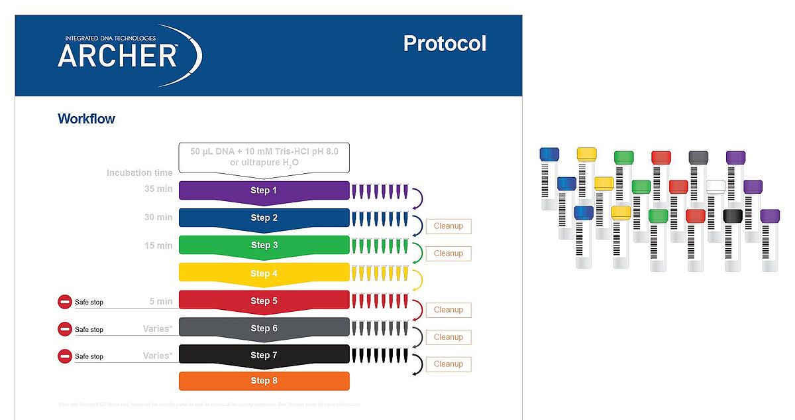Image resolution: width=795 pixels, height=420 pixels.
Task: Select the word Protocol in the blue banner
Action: [445, 44]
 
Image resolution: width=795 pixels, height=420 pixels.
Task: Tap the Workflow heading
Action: [86, 119]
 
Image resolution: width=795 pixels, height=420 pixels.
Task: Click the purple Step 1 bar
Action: [264, 190]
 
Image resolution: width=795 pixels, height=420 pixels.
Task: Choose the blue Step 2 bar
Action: [264, 218]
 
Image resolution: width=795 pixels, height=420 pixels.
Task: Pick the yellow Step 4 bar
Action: [264, 273]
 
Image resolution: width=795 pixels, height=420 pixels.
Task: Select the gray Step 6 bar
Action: [264, 328]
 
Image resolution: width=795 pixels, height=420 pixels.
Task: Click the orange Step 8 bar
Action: [264, 381]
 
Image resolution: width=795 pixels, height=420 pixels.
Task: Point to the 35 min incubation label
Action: [158, 189]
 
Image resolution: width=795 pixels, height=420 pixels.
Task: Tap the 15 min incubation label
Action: [158, 245]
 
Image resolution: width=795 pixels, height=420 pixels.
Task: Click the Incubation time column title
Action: [139, 173]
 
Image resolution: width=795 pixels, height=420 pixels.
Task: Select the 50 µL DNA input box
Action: [264, 157]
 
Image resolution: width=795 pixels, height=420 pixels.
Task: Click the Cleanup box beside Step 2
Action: [448, 226]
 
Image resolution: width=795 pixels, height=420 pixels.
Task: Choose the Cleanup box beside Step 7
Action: [448, 364]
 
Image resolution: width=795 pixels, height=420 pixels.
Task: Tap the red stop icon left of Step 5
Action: [65, 302]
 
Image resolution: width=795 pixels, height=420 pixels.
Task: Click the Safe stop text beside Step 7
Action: [89, 356]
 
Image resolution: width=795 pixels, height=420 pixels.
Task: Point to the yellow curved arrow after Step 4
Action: [418, 279]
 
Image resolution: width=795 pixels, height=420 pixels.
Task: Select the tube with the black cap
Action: [732, 238]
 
